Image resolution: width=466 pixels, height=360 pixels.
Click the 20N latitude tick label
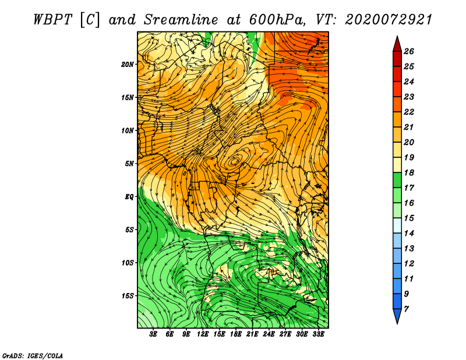[128, 65]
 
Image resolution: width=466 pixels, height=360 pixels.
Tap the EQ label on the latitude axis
[129, 197]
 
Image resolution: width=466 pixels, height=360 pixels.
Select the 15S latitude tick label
[128, 296]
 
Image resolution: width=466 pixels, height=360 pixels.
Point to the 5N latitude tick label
[129, 164]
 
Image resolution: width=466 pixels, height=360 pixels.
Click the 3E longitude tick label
[153, 334]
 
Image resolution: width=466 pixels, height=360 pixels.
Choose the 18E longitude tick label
[236, 334]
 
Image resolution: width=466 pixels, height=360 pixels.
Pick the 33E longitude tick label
[318, 334]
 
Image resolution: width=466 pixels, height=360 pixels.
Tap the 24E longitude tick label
[269, 334]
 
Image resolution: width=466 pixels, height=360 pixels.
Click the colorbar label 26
[409, 51]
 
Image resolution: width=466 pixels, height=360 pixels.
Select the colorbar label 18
[409, 172]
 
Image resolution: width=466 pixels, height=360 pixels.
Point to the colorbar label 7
[407, 309]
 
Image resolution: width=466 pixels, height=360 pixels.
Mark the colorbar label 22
[409, 112]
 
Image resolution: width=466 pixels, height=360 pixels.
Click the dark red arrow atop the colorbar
[397, 44]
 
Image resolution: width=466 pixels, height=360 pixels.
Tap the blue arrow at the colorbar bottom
[397, 316]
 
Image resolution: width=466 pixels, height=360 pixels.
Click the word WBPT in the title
[52, 20]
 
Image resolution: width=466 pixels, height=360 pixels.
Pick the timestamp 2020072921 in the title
[389, 20]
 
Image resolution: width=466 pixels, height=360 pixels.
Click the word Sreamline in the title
[181, 20]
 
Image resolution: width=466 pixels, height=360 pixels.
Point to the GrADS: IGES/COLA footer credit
[33, 356]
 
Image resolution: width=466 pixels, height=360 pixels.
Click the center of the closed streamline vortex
[235, 161]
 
